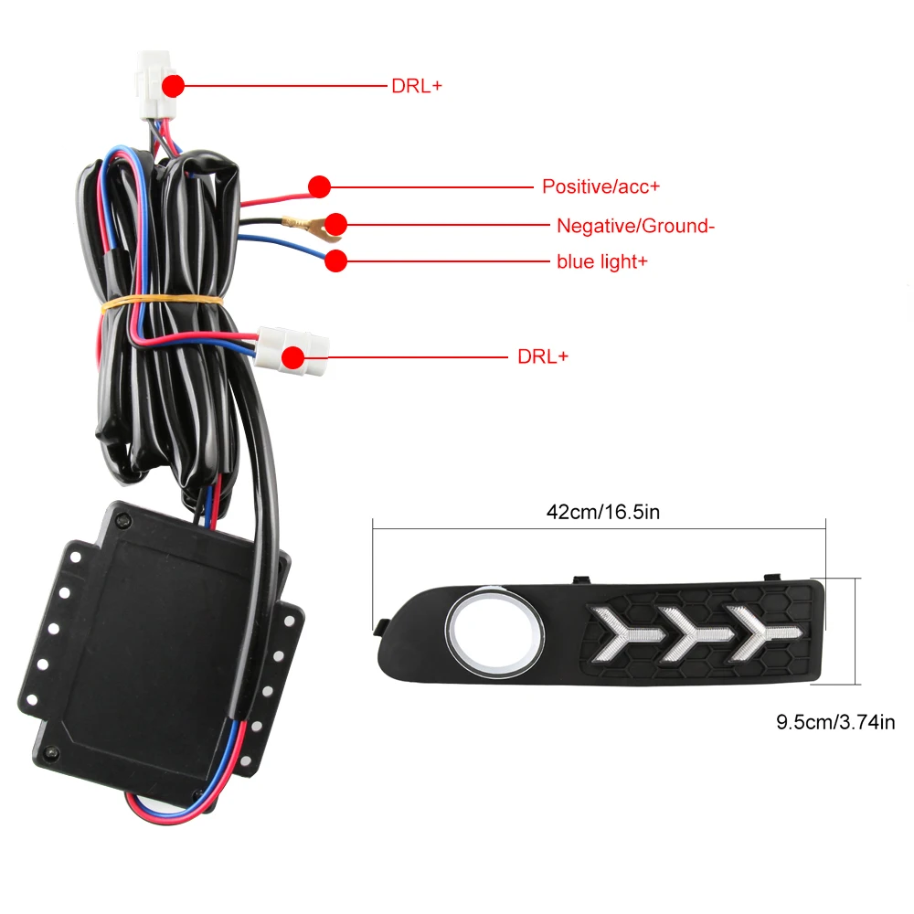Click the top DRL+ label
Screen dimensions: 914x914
[416, 86]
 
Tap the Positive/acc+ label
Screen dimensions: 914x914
[600, 186]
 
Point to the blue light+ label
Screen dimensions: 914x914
[601, 261]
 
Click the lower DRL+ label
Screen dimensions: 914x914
[542, 356]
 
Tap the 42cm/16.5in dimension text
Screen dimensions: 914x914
[602, 512]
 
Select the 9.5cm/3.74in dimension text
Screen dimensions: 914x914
[835, 722]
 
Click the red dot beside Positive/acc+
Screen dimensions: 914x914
[318, 186]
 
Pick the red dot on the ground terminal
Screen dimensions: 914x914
[336, 223]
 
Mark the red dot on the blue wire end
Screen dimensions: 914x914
[336, 260]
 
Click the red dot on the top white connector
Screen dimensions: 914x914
[174, 86]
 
